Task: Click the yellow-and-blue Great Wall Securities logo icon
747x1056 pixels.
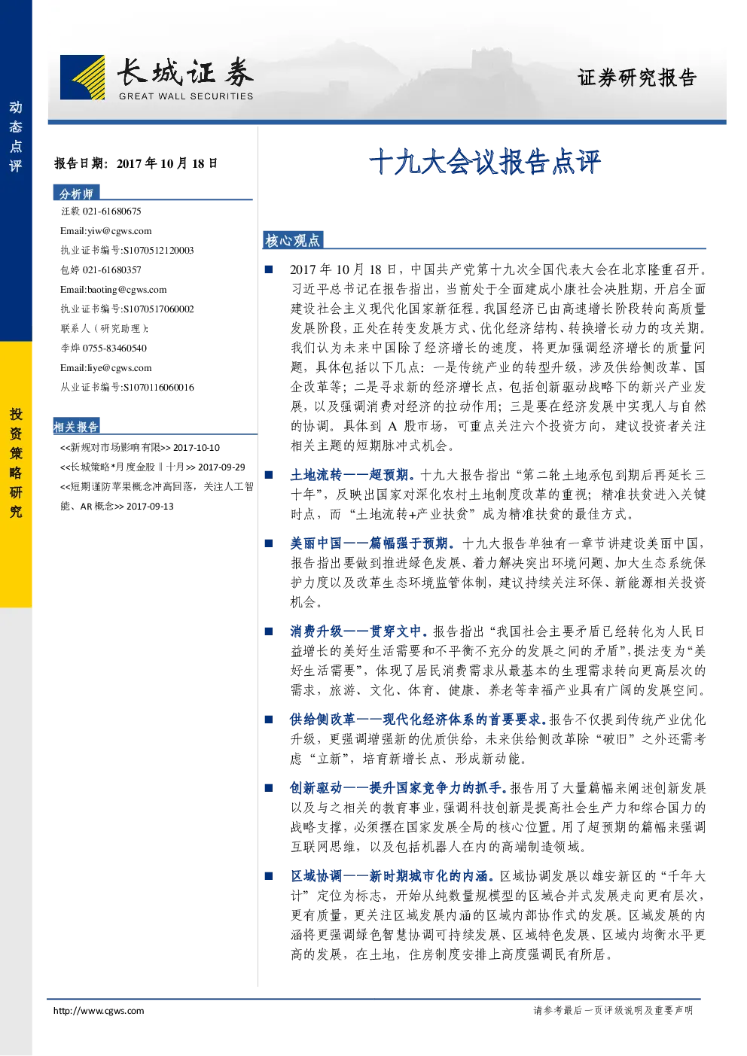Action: click(x=82, y=78)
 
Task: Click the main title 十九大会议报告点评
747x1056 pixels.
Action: click(x=485, y=162)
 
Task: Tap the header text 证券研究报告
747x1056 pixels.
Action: click(x=637, y=78)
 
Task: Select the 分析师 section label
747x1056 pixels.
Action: click(x=76, y=193)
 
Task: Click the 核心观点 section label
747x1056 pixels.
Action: click(x=293, y=240)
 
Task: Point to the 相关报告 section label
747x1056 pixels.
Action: click(x=76, y=427)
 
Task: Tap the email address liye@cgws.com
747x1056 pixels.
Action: click(x=119, y=368)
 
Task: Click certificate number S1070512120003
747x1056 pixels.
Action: click(x=158, y=251)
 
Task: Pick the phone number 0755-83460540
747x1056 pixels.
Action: click(x=114, y=348)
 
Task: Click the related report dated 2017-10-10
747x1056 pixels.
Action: click(x=140, y=447)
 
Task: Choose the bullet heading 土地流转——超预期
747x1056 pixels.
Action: click(x=352, y=475)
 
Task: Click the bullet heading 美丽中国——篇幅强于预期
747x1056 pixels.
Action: click(x=372, y=543)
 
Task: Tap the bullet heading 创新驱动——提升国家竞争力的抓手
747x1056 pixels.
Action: click(x=398, y=788)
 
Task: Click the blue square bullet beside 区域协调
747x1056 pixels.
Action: click(x=269, y=876)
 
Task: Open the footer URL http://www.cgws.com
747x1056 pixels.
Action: click(x=99, y=1010)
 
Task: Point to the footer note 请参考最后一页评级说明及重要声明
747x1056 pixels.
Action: click(x=613, y=1010)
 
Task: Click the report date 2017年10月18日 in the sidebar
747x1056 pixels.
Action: click(x=167, y=163)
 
